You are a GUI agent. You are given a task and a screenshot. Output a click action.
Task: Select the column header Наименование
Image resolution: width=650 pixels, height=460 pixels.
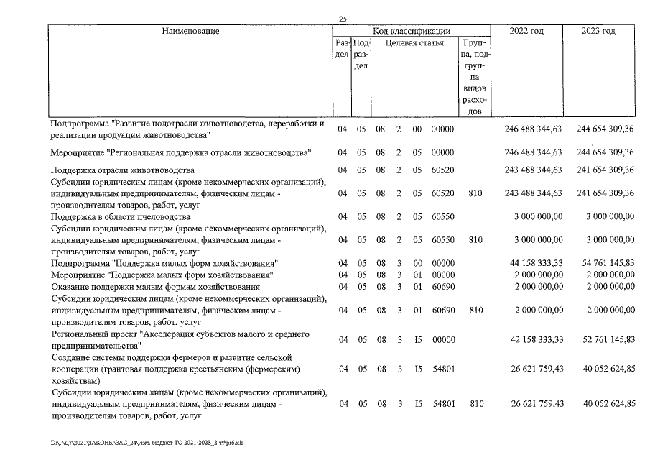coord(190,31)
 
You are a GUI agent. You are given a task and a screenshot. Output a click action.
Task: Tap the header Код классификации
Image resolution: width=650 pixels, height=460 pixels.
coord(412,31)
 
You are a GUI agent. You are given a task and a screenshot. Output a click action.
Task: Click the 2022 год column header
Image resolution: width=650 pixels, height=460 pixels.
coord(526,31)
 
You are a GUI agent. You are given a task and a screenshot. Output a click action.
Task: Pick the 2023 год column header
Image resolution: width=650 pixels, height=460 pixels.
coord(599,31)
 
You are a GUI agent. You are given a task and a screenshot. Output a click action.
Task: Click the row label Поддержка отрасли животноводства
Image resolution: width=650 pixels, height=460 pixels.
coord(122,170)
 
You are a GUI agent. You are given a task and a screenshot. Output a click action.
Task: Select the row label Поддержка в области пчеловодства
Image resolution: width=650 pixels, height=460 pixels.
coord(120,216)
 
